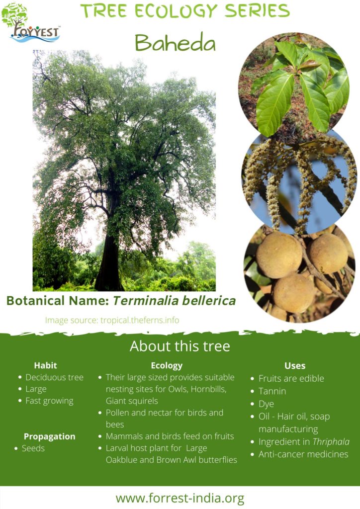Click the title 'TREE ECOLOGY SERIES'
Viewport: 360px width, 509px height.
pos(185,10)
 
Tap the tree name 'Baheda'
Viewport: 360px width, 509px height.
pos(175,44)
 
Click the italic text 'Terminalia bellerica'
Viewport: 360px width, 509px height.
pos(174,301)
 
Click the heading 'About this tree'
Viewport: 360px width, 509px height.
pos(180,346)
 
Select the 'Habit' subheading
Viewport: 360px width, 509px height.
pos(46,365)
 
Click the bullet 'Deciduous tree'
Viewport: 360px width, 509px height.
pos(54,377)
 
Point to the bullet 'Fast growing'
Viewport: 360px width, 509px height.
pos(49,401)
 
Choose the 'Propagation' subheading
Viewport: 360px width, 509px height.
pos(50,436)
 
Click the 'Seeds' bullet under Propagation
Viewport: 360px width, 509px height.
pos(33,448)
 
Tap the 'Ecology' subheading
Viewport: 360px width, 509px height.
pos(167,365)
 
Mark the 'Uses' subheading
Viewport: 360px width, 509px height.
pos(295,365)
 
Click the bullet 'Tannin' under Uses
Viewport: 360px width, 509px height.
pos(272,391)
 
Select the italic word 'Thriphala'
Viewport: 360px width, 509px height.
pos(331,441)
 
